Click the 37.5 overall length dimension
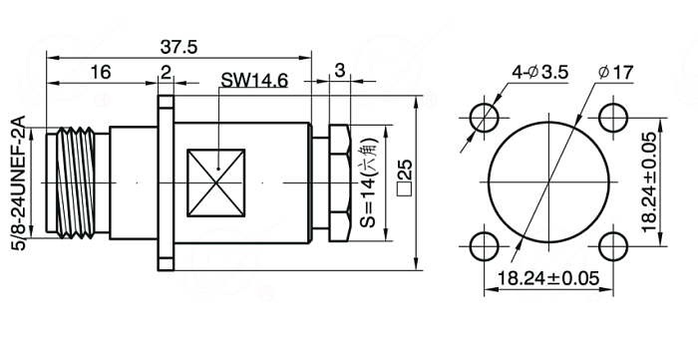(178, 47)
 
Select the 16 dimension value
(101, 72)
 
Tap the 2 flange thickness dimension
(166, 73)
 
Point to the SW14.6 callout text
(254, 81)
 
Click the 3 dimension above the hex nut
(340, 71)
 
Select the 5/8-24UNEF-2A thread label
(19, 182)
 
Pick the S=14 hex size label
(369, 182)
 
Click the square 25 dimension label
(405, 178)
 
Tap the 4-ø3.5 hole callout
(540, 72)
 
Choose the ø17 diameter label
(615, 72)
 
